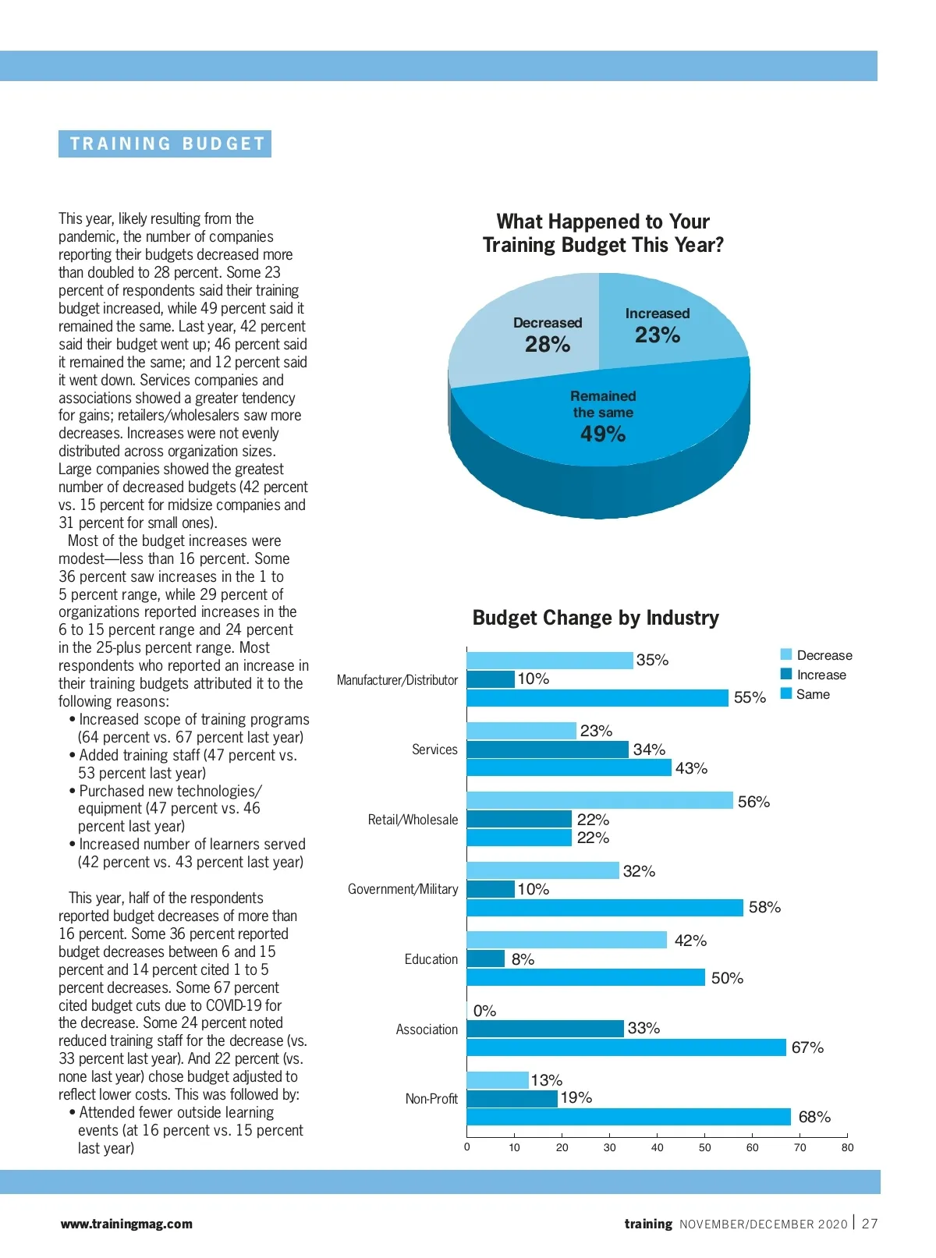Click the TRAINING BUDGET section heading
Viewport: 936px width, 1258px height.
click(x=165, y=144)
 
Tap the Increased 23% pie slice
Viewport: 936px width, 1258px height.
click(x=663, y=328)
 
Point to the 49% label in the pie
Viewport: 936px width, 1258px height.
click(x=603, y=434)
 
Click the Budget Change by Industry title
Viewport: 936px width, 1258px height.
click(x=595, y=618)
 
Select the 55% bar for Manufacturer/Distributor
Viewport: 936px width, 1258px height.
click(x=597, y=697)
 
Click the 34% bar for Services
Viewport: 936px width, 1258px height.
click(x=548, y=749)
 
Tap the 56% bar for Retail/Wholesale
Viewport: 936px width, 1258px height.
click(x=600, y=801)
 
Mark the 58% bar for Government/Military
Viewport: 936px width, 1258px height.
click(x=604, y=907)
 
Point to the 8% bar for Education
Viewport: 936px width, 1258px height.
click(x=486, y=959)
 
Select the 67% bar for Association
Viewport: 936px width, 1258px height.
click(x=626, y=1047)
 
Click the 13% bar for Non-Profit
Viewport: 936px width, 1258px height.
click(x=498, y=1080)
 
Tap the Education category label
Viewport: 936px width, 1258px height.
click(x=431, y=959)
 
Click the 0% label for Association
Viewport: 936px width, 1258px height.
click(x=484, y=1011)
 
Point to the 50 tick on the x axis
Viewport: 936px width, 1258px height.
click(x=704, y=1147)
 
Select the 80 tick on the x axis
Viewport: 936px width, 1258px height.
click(x=847, y=1147)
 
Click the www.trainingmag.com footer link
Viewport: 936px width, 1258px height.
click(x=126, y=1224)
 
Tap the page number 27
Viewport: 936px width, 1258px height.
click(x=870, y=1224)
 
